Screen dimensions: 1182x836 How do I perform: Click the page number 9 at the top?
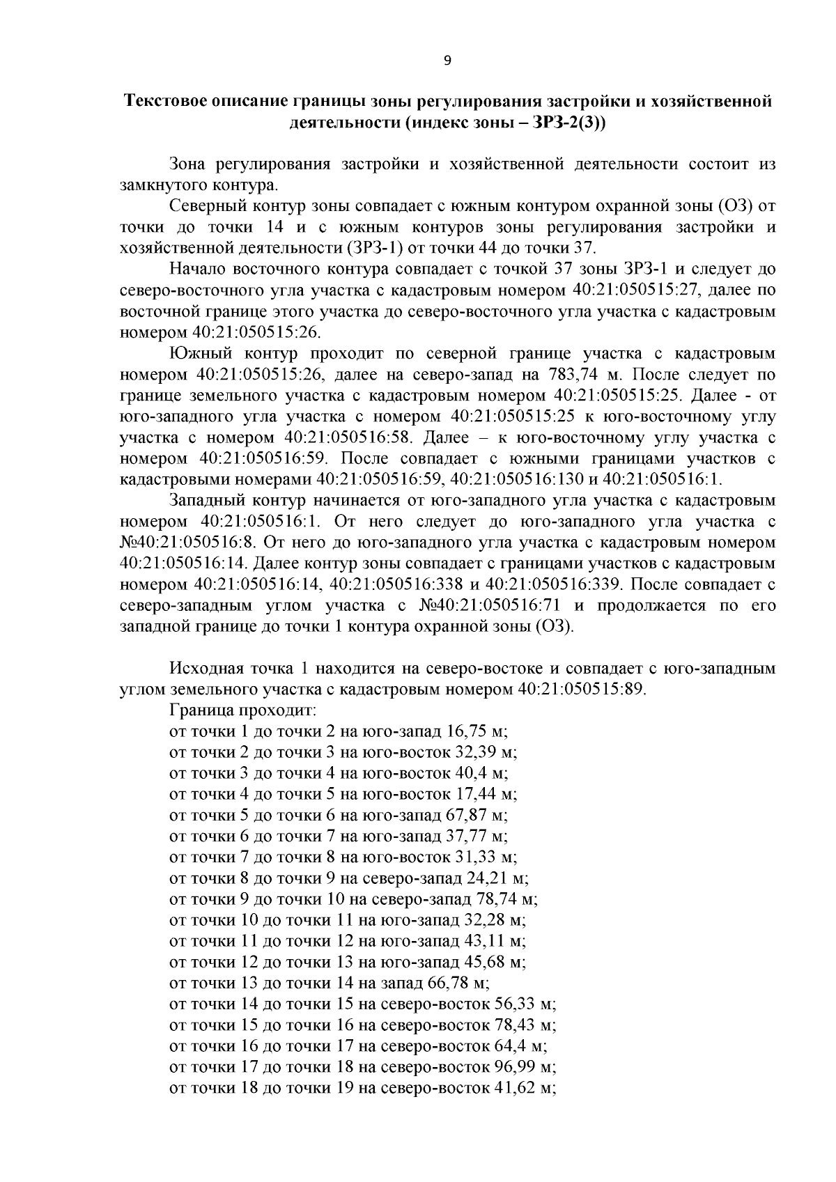(447, 61)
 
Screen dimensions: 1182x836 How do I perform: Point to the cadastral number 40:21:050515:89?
(582, 690)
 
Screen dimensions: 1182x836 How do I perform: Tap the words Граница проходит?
(243, 711)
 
